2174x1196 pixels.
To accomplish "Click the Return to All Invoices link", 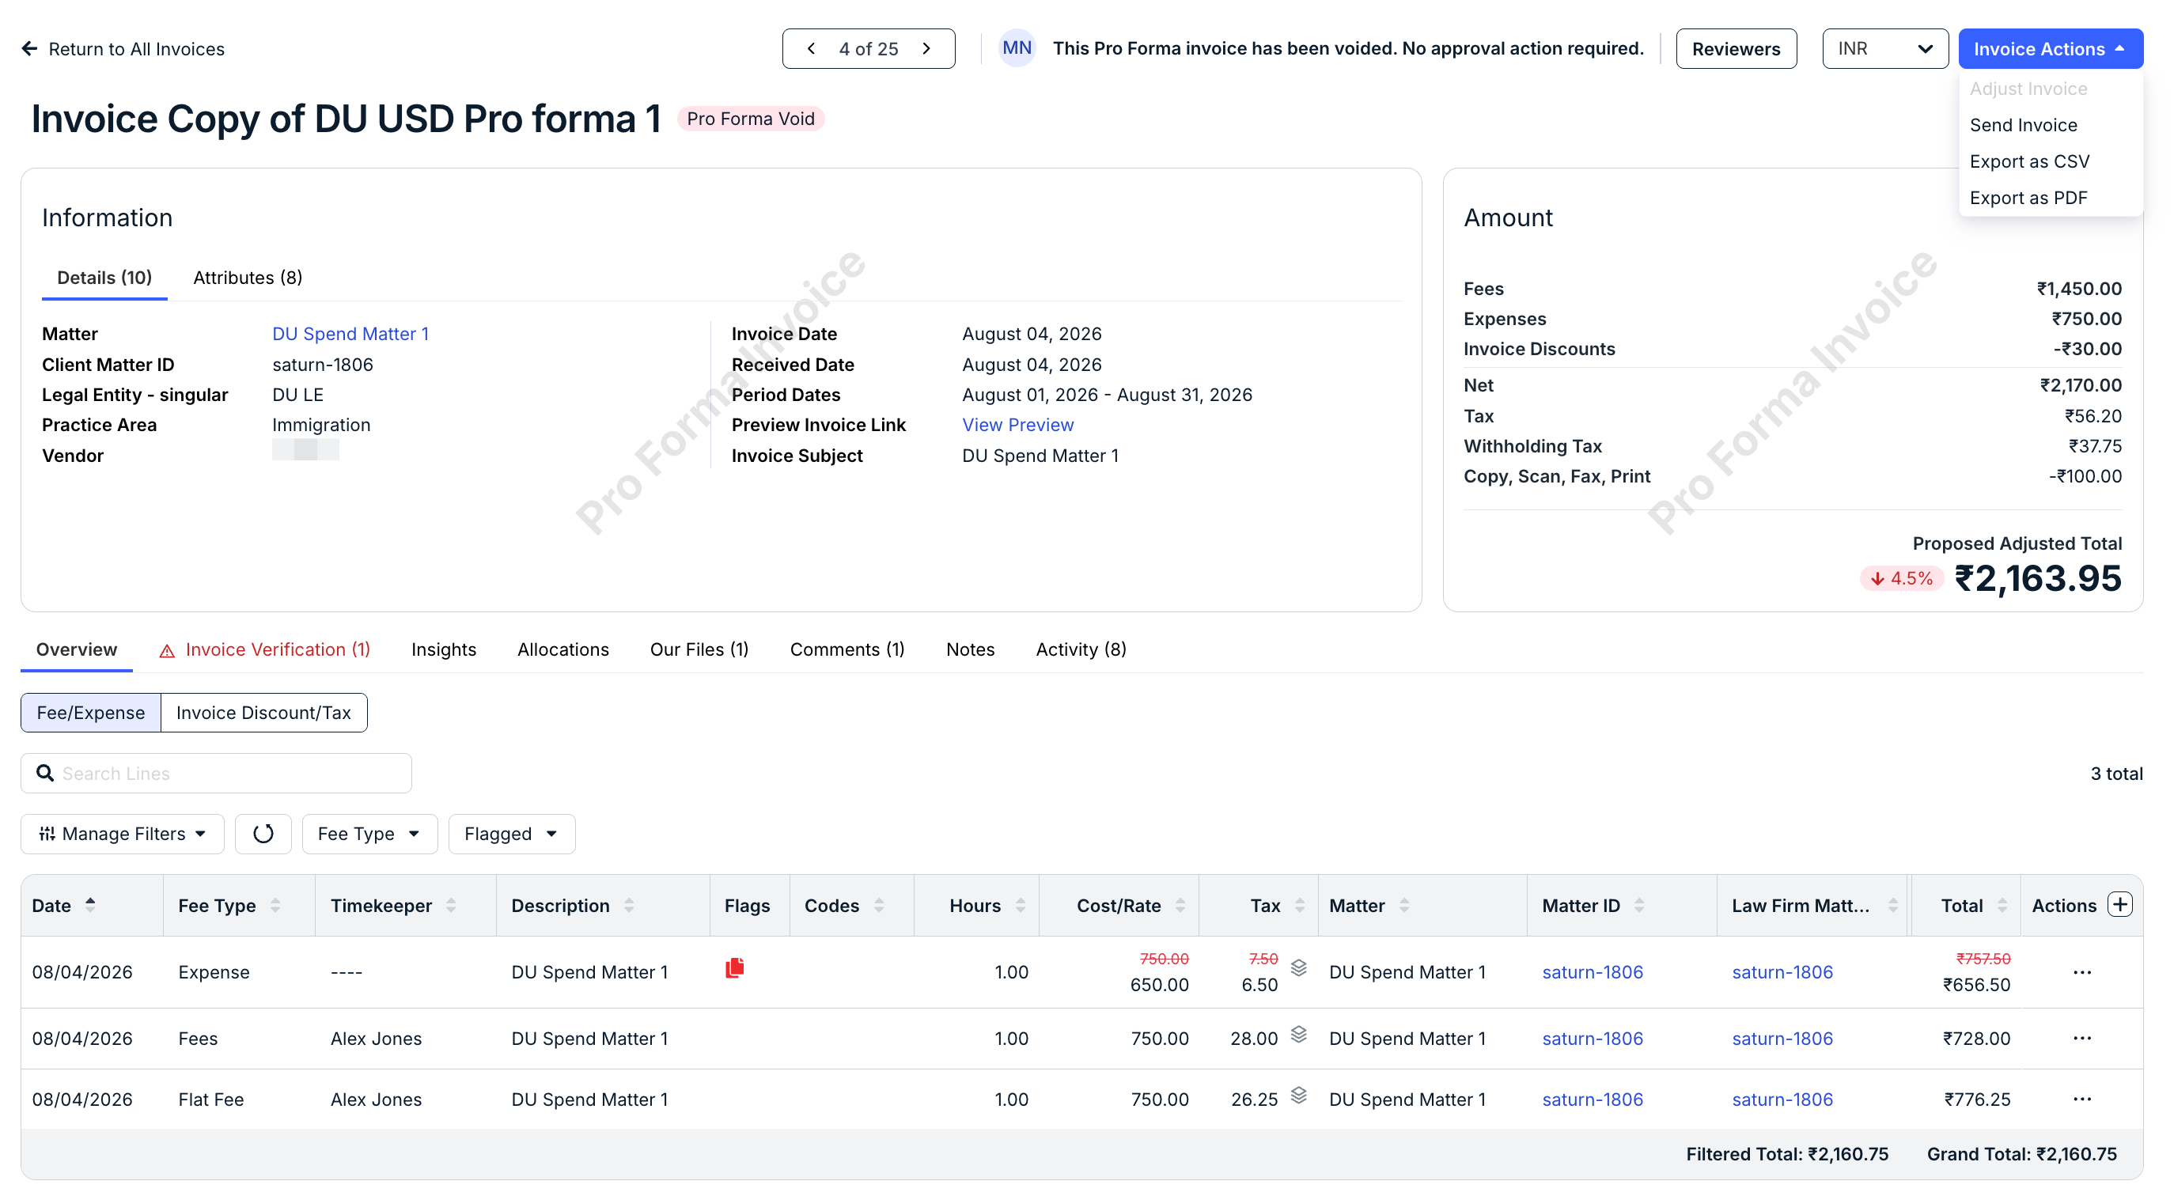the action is pyautogui.click(x=123, y=49).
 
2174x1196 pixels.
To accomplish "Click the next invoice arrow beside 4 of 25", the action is pyautogui.click(x=926, y=49).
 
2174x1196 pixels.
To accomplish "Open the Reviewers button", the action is pyautogui.click(x=1736, y=49).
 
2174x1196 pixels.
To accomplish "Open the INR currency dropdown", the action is pyautogui.click(x=1884, y=49).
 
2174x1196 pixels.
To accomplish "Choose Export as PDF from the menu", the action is pyautogui.click(x=2028, y=198).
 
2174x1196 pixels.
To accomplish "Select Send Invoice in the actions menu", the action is pyautogui.click(x=2023, y=125).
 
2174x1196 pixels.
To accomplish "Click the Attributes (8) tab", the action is pyautogui.click(x=248, y=278).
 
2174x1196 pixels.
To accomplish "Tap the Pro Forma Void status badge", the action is pyautogui.click(x=750, y=118).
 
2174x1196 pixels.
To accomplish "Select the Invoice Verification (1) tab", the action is pyautogui.click(x=265, y=649).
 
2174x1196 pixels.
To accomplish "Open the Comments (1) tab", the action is pyautogui.click(x=846, y=649).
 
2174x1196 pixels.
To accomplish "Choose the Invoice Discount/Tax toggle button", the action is pyautogui.click(x=263, y=713).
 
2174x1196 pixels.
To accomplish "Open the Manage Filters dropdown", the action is pyautogui.click(x=123, y=834).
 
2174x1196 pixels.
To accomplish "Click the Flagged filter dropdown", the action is pyautogui.click(x=511, y=834).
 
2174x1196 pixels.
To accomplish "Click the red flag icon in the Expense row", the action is pyautogui.click(x=734, y=968).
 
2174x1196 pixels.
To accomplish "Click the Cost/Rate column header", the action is pyautogui.click(x=1118, y=906).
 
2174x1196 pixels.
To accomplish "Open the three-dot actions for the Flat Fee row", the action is pyautogui.click(x=2082, y=1099).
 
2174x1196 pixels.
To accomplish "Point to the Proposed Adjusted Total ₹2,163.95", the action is pyautogui.click(x=2037, y=579).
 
